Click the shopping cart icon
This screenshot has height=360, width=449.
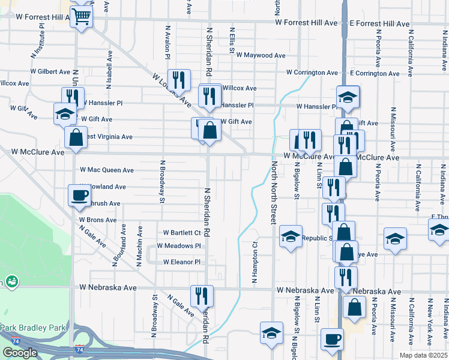pyautogui.click(x=81, y=16)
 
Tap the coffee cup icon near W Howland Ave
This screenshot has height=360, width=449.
pyautogui.click(x=80, y=195)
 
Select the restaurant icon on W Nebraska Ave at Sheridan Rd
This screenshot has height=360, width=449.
pyautogui.click(x=201, y=295)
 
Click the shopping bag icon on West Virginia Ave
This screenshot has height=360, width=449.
pyautogui.click(x=76, y=137)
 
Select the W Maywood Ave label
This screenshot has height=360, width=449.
pyautogui.click(x=261, y=55)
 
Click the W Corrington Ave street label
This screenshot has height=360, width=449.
pyautogui.click(x=312, y=73)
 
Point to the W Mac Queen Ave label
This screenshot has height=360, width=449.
pyautogui.click(x=107, y=170)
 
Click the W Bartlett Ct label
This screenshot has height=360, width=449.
pyautogui.click(x=182, y=233)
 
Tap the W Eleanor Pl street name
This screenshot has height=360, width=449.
pyautogui.click(x=181, y=262)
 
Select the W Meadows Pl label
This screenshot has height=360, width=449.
pyautogui.click(x=178, y=246)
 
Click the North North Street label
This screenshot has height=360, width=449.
pyautogui.click(x=273, y=192)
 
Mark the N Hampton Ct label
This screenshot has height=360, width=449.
pyautogui.click(x=255, y=263)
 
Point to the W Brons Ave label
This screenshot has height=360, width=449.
pyautogui.click(x=97, y=220)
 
